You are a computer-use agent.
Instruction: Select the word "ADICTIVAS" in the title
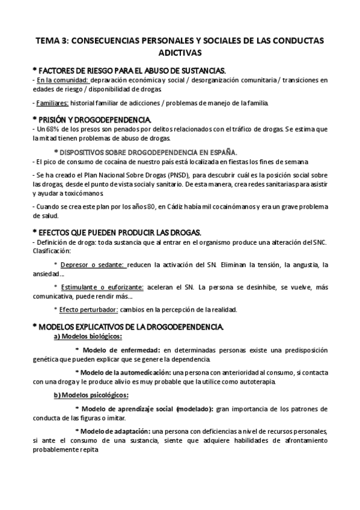[180, 52]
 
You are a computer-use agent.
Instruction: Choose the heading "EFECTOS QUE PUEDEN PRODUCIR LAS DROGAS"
[120, 232]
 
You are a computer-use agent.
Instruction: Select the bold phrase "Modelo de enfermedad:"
[122, 349]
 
